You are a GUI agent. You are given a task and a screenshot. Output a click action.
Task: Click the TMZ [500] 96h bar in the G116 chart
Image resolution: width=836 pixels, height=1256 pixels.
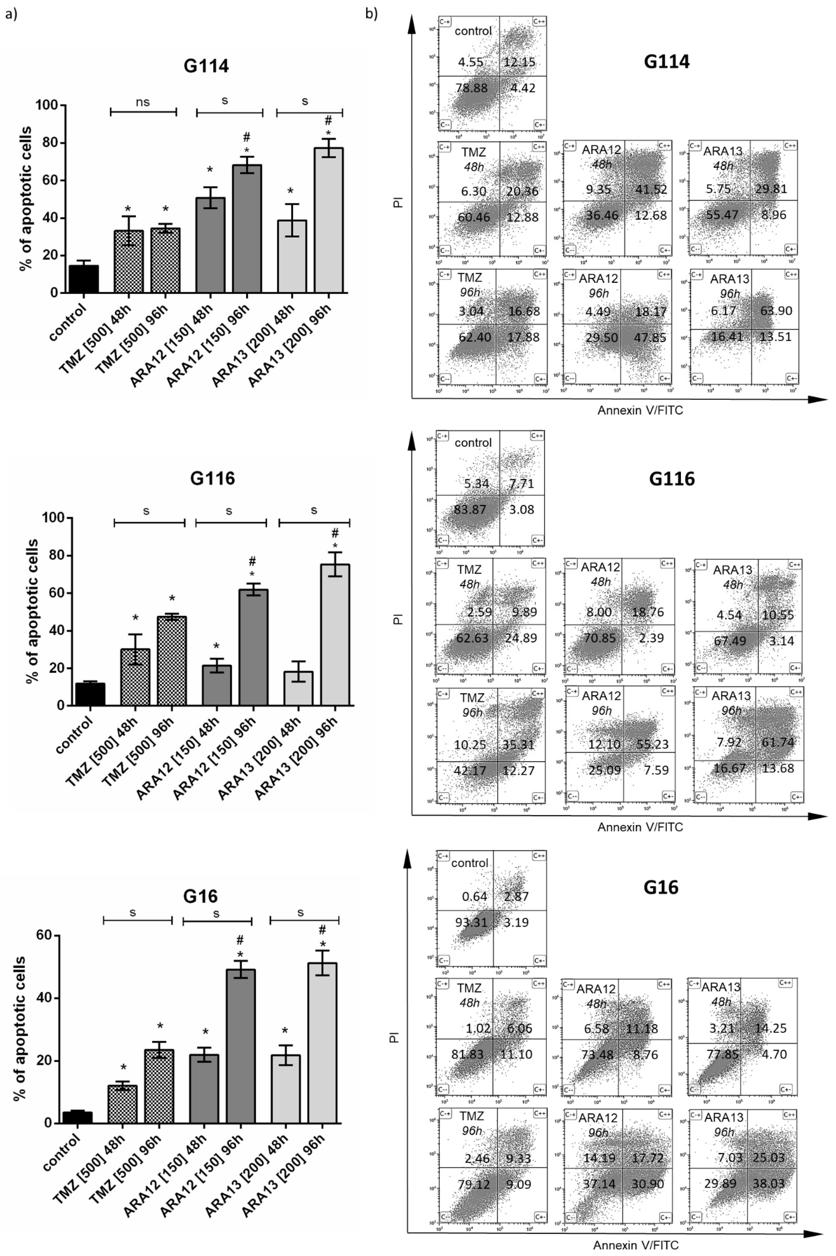(172, 661)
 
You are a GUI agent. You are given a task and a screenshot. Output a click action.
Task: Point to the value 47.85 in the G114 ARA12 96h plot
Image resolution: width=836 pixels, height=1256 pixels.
(650, 337)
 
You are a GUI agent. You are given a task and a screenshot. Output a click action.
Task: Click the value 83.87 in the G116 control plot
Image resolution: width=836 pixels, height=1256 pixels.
(470, 509)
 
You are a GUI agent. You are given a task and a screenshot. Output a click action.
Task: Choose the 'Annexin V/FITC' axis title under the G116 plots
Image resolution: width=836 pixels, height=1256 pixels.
(640, 827)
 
